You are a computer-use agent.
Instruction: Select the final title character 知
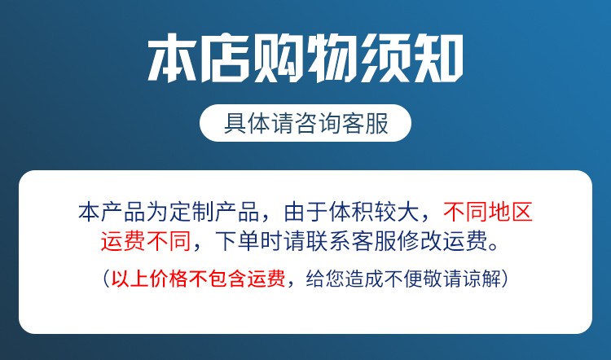tap(438, 58)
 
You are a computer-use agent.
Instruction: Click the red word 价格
tap(169, 279)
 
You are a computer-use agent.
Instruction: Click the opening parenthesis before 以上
tap(107, 279)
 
